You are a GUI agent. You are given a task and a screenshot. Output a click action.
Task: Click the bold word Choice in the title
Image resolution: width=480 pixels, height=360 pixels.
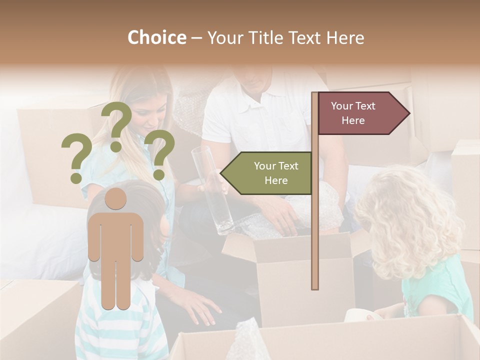click(x=156, y=38)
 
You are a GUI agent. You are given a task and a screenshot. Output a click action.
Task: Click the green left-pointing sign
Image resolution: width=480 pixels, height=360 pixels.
click(x=267, y=173)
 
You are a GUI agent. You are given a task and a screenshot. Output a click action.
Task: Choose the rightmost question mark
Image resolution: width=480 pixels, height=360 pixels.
click(x=159, y=154)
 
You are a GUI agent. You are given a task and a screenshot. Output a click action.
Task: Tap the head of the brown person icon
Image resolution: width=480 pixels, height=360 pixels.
click(x=115, y=199)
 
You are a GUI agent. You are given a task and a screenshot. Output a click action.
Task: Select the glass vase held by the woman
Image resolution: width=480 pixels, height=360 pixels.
click(x=212, y=190)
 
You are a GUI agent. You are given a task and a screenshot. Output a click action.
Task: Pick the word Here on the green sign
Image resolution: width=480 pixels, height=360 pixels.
click(x=276, y=180)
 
